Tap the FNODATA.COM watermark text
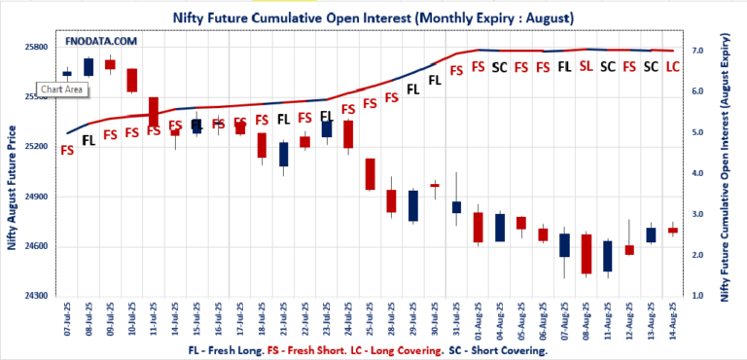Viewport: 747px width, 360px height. pyautogui.click(x=101, y=42)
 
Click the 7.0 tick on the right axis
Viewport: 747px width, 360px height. pyautogui.click(x=697, y=50)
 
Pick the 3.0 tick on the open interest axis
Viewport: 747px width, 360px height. pyautogui.click(x=697, y=213)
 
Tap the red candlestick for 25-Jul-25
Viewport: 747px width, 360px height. pyautogui.click(x=370, y=174)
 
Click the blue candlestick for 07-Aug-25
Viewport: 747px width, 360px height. pyautogui.click(x=564, y=244)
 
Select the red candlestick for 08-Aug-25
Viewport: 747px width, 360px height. pyautogui.click(x=586, y=254)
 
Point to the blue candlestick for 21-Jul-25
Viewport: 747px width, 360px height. pyautogui.click(x=283, y=154)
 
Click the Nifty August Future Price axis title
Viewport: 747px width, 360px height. pyautogui.click(x=13, y=187)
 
